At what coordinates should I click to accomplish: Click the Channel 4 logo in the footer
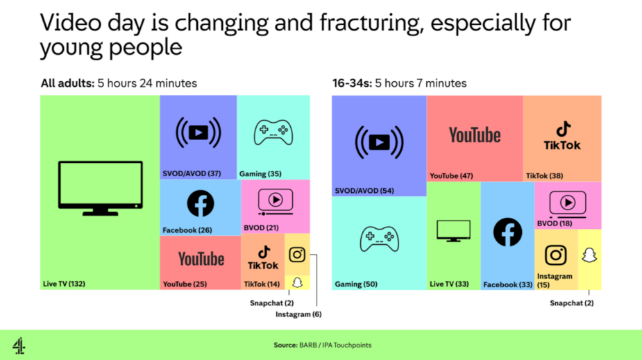pyautogui.click(x=19, y=345)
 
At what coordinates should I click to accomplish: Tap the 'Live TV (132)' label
pyautogui.click(x=64, y=284)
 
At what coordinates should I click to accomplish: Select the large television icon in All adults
pyautogui.click(x=101, y=188)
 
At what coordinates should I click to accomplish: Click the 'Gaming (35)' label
pyautogui.click(x=260, y=174)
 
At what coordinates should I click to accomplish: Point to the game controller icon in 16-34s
pyautogui.click(x=379, y=239)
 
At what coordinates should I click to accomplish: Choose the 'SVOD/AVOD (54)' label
pyautogui.click(x=364, y=191)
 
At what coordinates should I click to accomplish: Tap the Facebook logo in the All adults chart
pyautogui.click(x=200, y=203)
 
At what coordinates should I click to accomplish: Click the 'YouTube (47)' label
pyautogui.click(x=451, y=176)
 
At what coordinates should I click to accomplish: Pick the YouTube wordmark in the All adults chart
pyautogui.click(x=201, y=259)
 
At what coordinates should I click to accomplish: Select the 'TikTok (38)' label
pyautogui.click(x=545, y=176)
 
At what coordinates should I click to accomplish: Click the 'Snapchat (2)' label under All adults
pyautogui.click(x=272, y=303)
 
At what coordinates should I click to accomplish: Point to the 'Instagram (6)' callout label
pyautogui.click(x=298, y=314)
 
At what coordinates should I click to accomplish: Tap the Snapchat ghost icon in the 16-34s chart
pyautogui.click(x=589, y=255)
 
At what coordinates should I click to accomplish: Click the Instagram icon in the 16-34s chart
pyautogui.click(x=556, y=255)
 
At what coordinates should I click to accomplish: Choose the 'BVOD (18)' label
pyautogui.click(x=555, y=223)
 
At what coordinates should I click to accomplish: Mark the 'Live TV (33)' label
pyautogui.click(x=449, y=284)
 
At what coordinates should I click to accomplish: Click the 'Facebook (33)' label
pyautogui.click(x=508, y=284)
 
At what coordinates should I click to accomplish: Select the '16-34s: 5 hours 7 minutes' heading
pyautogui.click(x=399, y=83)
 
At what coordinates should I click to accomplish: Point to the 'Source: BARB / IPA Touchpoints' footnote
pyautogui.click(x=323, y=345)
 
